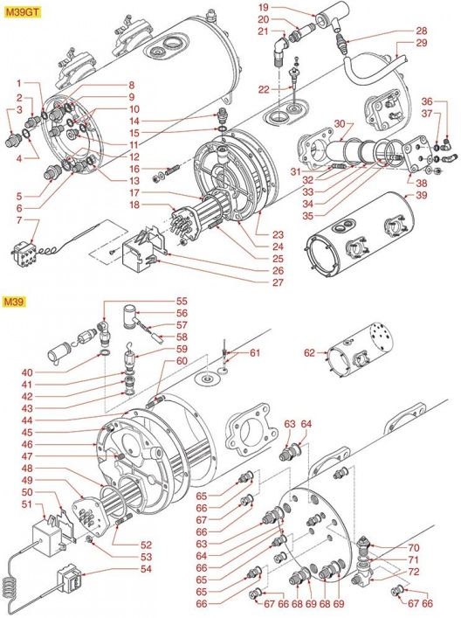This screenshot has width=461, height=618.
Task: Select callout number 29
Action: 422,43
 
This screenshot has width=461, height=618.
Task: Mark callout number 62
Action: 309,353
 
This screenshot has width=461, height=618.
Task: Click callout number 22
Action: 264,90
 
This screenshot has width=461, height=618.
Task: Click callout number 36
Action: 428,101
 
